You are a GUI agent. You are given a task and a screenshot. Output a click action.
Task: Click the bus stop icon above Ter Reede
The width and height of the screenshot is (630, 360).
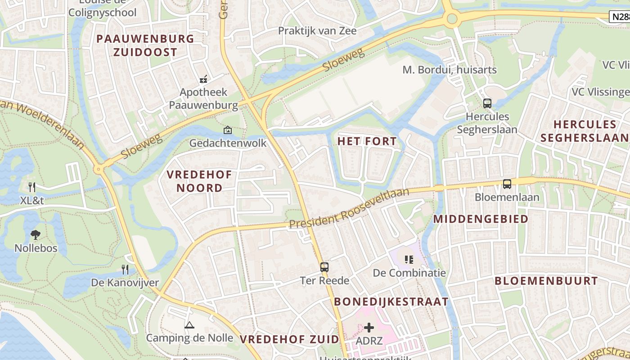[324, 267]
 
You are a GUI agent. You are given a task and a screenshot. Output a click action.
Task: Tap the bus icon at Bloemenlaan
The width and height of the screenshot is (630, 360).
[507, 184]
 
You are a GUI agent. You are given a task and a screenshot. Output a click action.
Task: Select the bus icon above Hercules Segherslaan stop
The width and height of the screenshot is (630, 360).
[487, 103]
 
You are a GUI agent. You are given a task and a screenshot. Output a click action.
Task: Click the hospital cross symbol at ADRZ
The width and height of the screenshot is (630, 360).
[369, 328]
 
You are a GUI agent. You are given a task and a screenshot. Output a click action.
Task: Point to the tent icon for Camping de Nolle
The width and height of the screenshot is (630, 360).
[189, 325]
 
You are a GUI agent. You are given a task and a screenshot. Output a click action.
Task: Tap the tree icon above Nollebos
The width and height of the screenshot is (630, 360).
[36, 234]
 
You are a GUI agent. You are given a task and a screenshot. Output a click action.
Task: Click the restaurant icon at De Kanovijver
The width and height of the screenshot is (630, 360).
[125, 270]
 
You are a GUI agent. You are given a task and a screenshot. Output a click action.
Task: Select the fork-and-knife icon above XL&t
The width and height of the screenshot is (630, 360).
[31, 187]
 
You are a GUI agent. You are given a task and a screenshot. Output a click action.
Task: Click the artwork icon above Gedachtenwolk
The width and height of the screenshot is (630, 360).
[228, 130]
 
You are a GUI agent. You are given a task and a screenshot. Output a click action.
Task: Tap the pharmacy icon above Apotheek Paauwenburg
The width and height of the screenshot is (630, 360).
[203, 79]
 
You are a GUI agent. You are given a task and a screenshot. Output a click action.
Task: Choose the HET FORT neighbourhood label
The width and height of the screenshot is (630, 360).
[367, 141]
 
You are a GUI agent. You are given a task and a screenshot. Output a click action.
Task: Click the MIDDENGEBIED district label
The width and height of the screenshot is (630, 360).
[481, 219]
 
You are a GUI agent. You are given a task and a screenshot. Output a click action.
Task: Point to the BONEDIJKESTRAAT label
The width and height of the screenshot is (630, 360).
[391, 301]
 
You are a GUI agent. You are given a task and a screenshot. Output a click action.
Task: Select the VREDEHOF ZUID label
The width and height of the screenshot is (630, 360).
[289, 339]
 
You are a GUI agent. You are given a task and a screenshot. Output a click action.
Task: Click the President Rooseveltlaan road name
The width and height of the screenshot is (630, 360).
[349, 208]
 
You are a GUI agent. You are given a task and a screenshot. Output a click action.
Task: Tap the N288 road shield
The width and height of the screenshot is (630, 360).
[620, 17]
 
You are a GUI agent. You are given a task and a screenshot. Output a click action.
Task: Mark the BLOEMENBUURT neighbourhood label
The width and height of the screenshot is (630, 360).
[546, 281]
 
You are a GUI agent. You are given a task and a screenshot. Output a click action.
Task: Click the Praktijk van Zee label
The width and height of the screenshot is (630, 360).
[317, 31]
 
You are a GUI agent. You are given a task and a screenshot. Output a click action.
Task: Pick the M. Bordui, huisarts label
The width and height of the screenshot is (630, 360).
[449, 70]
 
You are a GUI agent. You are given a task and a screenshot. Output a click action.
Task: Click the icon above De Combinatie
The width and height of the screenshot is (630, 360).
[409, 259]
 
